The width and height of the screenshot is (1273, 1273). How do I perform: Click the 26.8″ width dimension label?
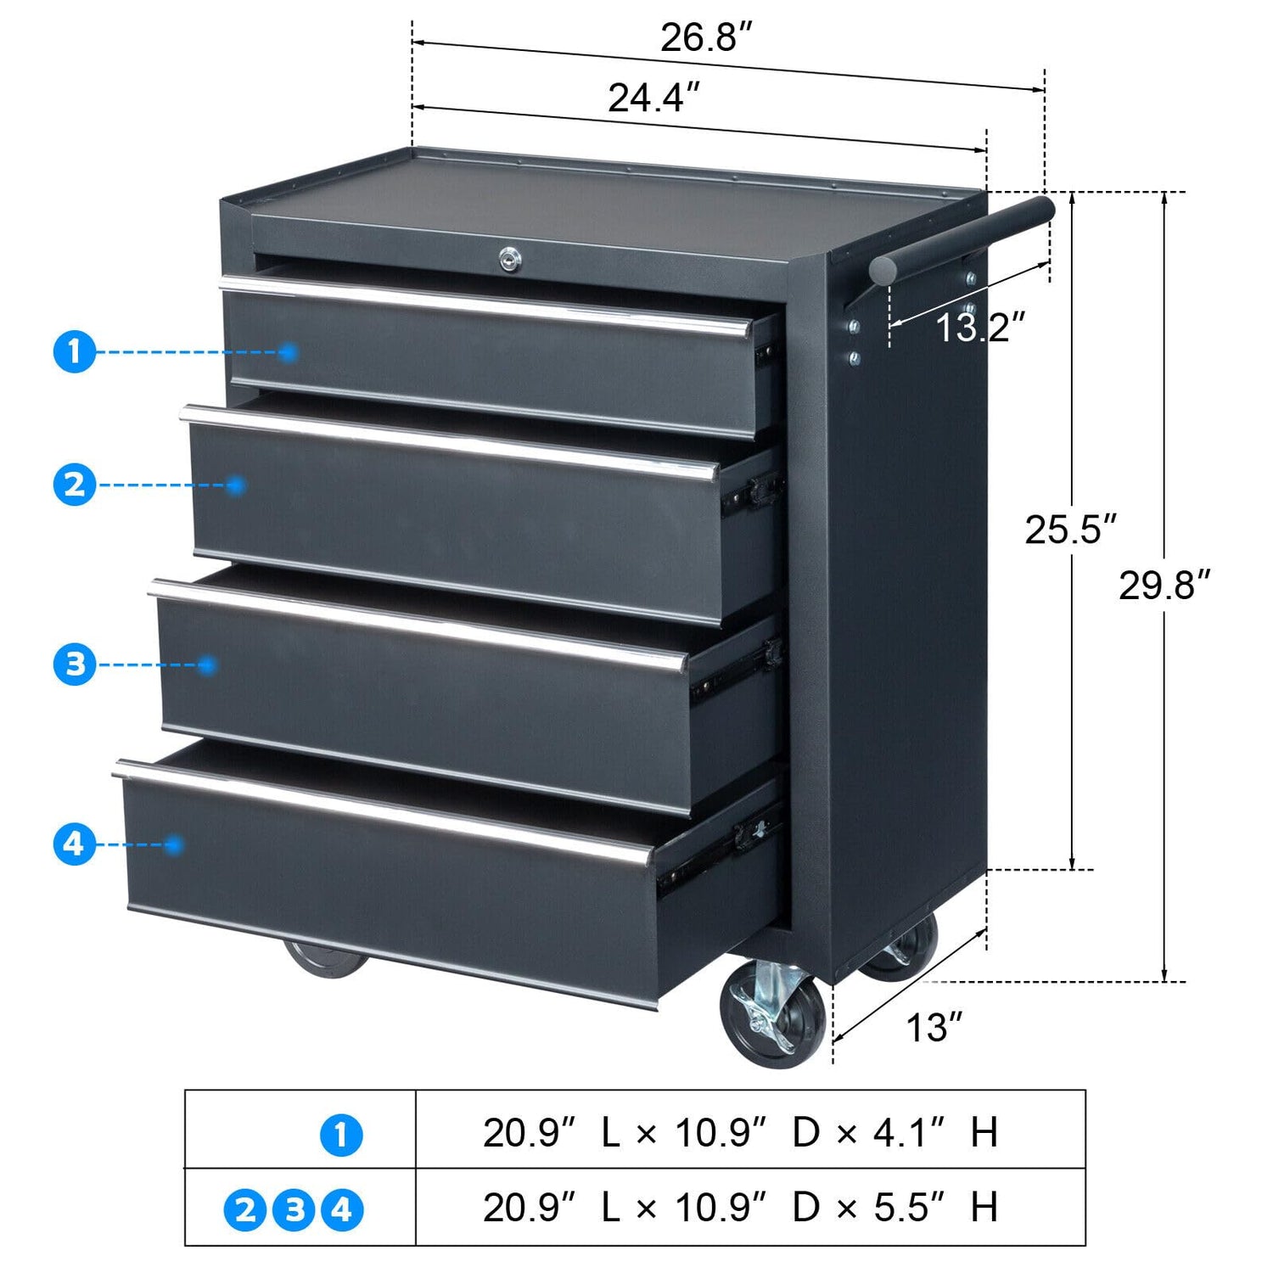point(706,38)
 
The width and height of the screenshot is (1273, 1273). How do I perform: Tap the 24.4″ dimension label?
point(654,98)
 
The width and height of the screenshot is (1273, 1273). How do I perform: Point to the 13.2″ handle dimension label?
point(979,328)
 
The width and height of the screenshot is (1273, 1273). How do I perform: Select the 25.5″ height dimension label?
point(1069,530)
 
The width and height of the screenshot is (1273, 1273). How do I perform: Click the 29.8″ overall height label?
point(1164,586)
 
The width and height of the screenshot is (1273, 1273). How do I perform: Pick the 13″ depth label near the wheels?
point(934,1028)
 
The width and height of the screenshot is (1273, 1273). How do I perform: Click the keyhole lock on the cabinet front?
point(509,258)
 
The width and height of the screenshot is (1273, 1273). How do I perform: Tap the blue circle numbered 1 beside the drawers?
point(75,351)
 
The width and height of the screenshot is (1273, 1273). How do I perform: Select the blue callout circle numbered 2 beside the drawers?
point(75,485)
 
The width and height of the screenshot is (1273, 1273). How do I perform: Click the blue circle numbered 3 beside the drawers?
point(75,665)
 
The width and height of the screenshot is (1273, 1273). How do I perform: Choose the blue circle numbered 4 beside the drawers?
point(75,844)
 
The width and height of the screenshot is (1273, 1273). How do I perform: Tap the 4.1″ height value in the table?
point(910,1132)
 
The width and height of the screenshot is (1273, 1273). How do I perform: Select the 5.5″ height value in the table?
point(910,1208)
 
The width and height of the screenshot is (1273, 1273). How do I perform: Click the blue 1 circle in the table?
point(341,1136)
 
